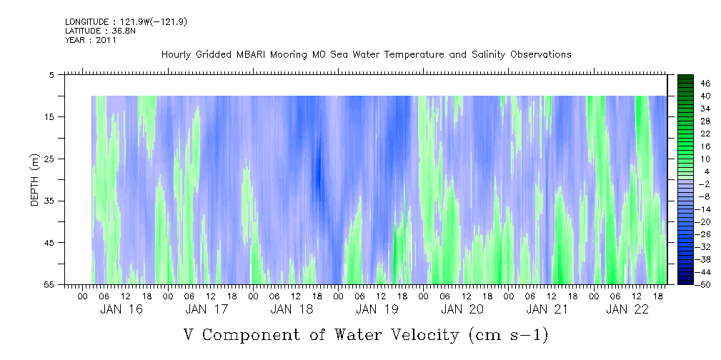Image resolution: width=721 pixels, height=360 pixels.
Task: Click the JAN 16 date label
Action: point(122,309)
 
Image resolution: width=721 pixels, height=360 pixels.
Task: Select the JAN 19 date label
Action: point(377,309)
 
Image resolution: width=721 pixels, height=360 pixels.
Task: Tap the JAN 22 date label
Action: point(627,309)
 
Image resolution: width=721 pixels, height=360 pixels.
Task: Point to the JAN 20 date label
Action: point(462,309)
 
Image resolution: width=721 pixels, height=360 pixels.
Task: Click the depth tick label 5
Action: point(51,74)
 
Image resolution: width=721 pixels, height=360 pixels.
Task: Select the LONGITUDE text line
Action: point(126,22)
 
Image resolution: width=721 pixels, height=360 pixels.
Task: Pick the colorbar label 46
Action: point(685,84)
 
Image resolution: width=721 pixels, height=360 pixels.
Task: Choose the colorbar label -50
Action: point(684,284)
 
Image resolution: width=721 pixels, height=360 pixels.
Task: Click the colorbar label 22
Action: point(685,134)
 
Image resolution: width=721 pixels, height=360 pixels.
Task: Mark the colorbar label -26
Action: point(684,234)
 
